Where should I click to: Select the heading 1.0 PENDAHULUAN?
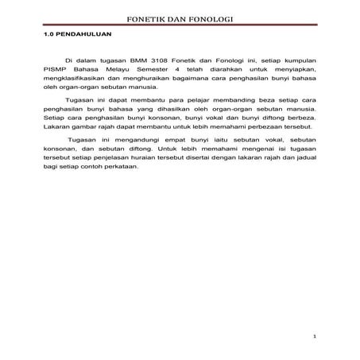click(x=77, y=37)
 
